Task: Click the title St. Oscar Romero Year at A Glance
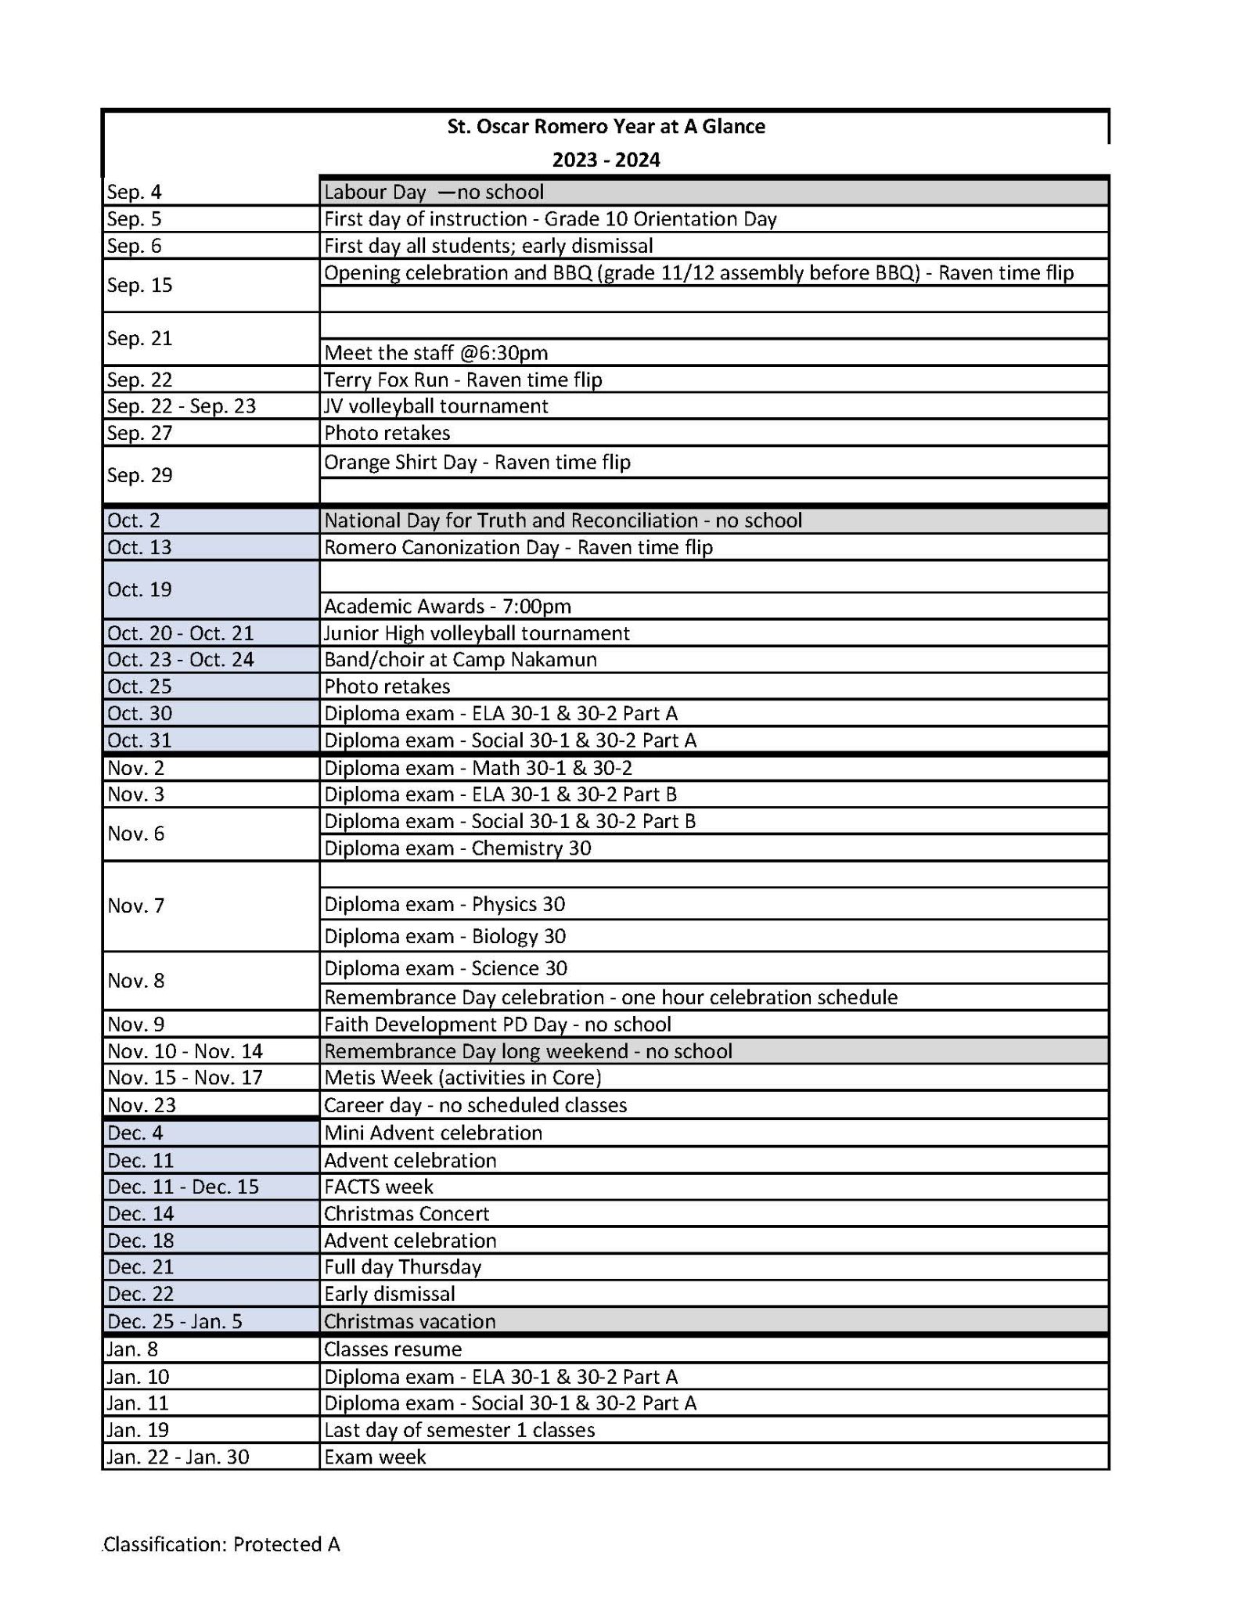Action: [x=606, y=127]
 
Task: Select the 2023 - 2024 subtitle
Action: [x=606, y=160]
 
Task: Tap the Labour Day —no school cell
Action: [x=434, y=192]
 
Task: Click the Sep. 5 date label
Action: [x=134, y=219]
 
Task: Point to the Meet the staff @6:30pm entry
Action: [x=436, y=353]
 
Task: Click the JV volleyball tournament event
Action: [x=436, y=406]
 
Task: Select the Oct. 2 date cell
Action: [x=134, y=521]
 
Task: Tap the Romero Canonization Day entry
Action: [x=518, y=547]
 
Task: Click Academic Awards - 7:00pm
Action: [x=448, y=607]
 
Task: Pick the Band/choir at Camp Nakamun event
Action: [x=460, y=660]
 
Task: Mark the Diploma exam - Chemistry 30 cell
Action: [x=457, y=848]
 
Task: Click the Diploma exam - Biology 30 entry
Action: [x=444, y=936]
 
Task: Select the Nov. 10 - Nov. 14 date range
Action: [x=185, y=1051]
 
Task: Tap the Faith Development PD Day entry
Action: [x=497, y=1025]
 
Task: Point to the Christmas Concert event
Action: [x=406, y=1214]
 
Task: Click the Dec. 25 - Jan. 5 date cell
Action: [x=175, y=1322]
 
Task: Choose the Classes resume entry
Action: [x=393, y=1349]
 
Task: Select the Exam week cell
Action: [x=375, y=1457]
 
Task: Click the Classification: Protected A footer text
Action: [x=221, y=1544]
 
